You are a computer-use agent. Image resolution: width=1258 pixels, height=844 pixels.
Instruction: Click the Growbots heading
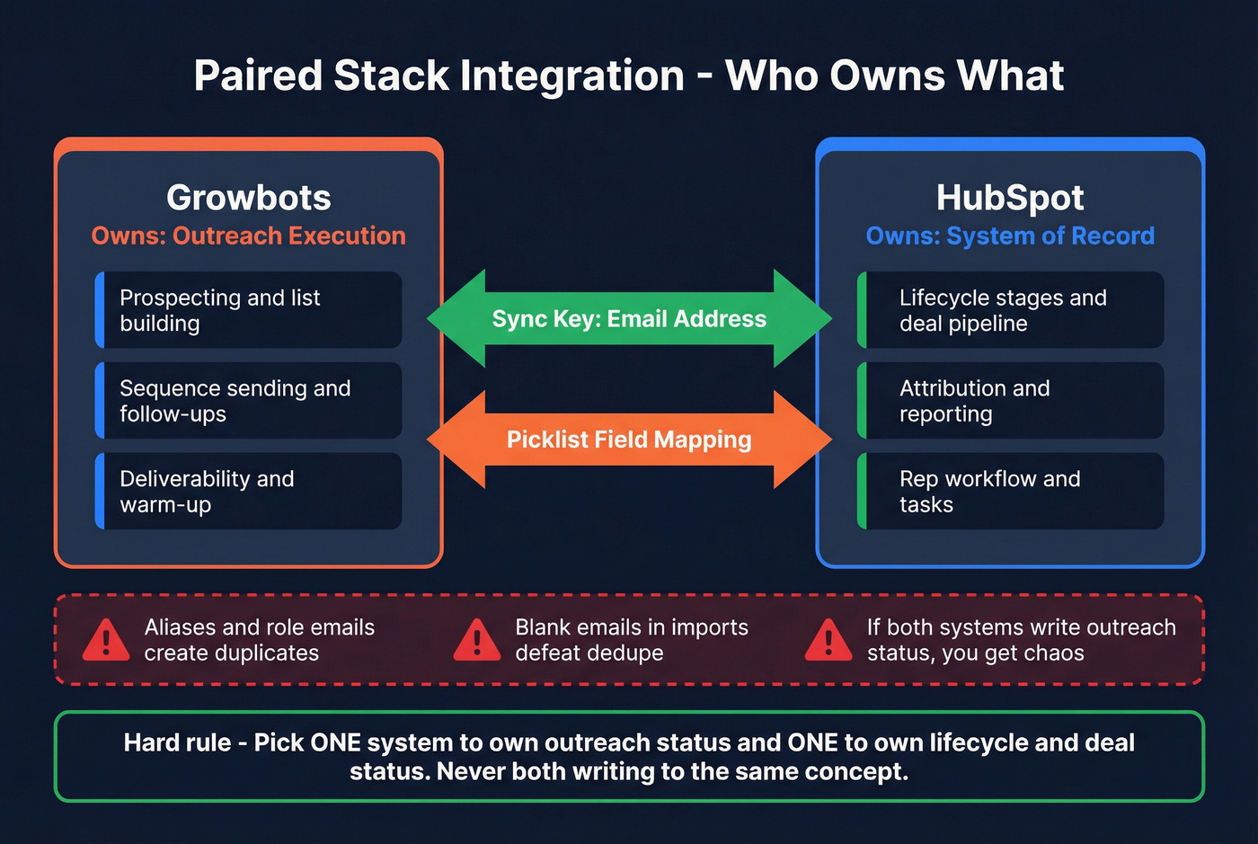249,198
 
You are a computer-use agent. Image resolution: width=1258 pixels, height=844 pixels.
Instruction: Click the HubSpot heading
1010,198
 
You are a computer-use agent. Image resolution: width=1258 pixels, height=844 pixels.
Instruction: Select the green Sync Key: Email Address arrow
629,319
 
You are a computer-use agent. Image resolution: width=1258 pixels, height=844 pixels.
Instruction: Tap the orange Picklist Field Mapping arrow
629,440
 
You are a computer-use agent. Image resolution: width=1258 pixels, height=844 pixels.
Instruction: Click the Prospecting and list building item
249,310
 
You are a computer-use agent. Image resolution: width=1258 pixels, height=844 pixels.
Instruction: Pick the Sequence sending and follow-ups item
249,401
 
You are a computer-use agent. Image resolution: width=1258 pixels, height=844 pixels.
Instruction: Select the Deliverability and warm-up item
249,492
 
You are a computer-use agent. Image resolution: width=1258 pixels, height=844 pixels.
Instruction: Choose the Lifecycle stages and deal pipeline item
1011,310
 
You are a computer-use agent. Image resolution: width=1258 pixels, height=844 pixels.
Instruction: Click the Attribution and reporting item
1011,401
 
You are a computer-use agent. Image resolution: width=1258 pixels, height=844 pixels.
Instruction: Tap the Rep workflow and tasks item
1011,492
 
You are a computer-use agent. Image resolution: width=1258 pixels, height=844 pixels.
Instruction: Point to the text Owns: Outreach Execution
249,236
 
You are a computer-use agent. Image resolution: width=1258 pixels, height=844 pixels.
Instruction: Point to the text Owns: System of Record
1010,236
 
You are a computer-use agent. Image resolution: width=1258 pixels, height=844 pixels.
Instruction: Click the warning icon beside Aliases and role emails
106,640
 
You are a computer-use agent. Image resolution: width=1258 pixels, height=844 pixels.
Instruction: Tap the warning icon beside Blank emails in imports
477,640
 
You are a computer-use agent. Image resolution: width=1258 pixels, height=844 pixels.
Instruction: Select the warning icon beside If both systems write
828,640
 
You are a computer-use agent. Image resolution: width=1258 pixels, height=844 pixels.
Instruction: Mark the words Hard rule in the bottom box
177,743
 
